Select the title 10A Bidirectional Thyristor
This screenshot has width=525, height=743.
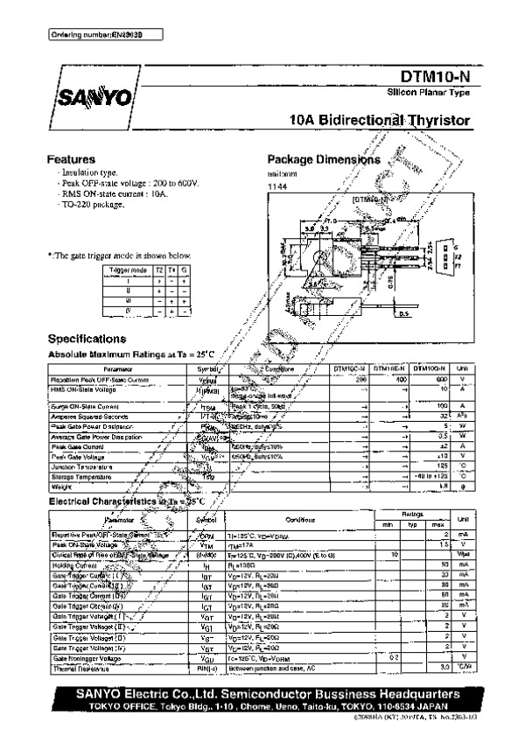click(379, 121)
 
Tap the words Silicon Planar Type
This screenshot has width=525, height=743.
click(429, 93)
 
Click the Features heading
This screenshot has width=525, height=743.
click(71, 160)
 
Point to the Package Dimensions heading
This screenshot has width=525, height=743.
click(323, 160)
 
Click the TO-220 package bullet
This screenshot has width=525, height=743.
click(92, 204)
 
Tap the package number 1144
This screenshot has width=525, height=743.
click(277, 187)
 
